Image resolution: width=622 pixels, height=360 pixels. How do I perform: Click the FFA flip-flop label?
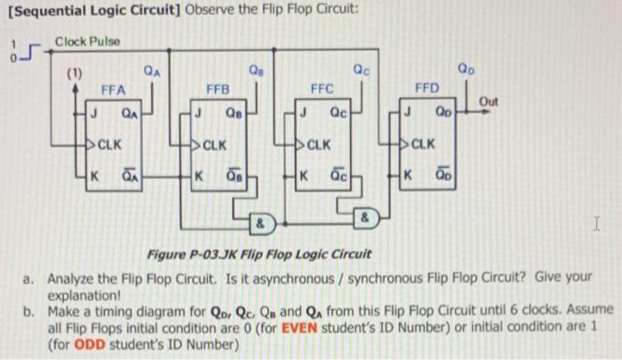pos(113,89)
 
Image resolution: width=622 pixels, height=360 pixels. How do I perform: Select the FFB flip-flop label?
pos(218,89)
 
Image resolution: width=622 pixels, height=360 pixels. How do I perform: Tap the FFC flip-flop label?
pos(322,89)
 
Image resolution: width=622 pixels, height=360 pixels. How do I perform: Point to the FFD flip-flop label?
pos(427,89)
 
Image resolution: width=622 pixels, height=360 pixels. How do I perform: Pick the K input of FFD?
pos(407,173)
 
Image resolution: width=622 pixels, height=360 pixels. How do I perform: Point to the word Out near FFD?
pos(489,102)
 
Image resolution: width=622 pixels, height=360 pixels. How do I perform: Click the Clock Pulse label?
pos(86,41)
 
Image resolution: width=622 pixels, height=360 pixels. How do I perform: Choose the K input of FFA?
pos(92,173)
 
